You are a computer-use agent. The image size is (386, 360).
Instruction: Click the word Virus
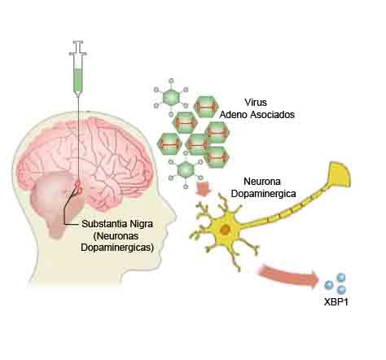(256, 103)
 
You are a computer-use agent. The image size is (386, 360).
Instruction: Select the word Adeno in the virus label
(234, 115)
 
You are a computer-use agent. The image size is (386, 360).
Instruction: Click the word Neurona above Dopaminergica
(262, 182)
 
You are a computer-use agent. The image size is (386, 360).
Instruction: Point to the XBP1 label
(336, 302)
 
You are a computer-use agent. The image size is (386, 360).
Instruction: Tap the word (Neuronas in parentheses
(116, 236)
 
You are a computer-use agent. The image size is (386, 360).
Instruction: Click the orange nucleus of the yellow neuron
(225, 230)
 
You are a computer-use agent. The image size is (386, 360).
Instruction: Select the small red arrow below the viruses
(204, 188)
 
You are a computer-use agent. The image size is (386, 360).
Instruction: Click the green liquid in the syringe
(78, 80)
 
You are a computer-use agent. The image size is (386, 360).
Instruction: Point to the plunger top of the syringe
(78, 42)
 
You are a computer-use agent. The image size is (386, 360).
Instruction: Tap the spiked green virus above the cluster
(171, 98)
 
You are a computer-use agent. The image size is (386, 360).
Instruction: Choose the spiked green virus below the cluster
(186, 170)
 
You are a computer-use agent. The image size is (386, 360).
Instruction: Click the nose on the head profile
(170, 210)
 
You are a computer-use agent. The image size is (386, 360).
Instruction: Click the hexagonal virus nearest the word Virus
(206, 107)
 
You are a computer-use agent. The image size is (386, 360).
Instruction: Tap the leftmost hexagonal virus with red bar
(170, 144)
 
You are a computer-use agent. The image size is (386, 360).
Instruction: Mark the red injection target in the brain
(79, 188)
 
